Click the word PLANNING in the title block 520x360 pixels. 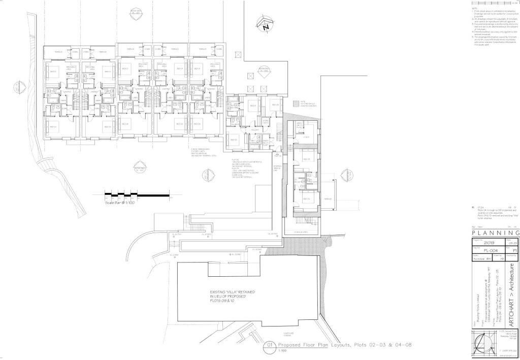coord(496,233)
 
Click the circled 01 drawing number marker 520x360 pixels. coord(271,348)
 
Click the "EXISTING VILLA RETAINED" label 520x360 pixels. coord(233,292)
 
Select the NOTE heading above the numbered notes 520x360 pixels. coord(474,9)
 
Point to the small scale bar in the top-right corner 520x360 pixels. coord(495,3)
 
